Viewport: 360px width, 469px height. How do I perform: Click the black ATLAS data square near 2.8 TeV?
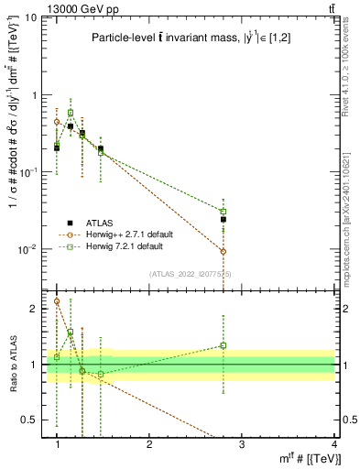[223, 220]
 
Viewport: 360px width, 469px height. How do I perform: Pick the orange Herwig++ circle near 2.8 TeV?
[223, 251]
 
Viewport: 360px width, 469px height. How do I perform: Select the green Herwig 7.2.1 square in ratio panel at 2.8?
[223, 345]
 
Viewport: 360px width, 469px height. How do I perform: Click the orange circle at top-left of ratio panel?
[57, 300]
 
